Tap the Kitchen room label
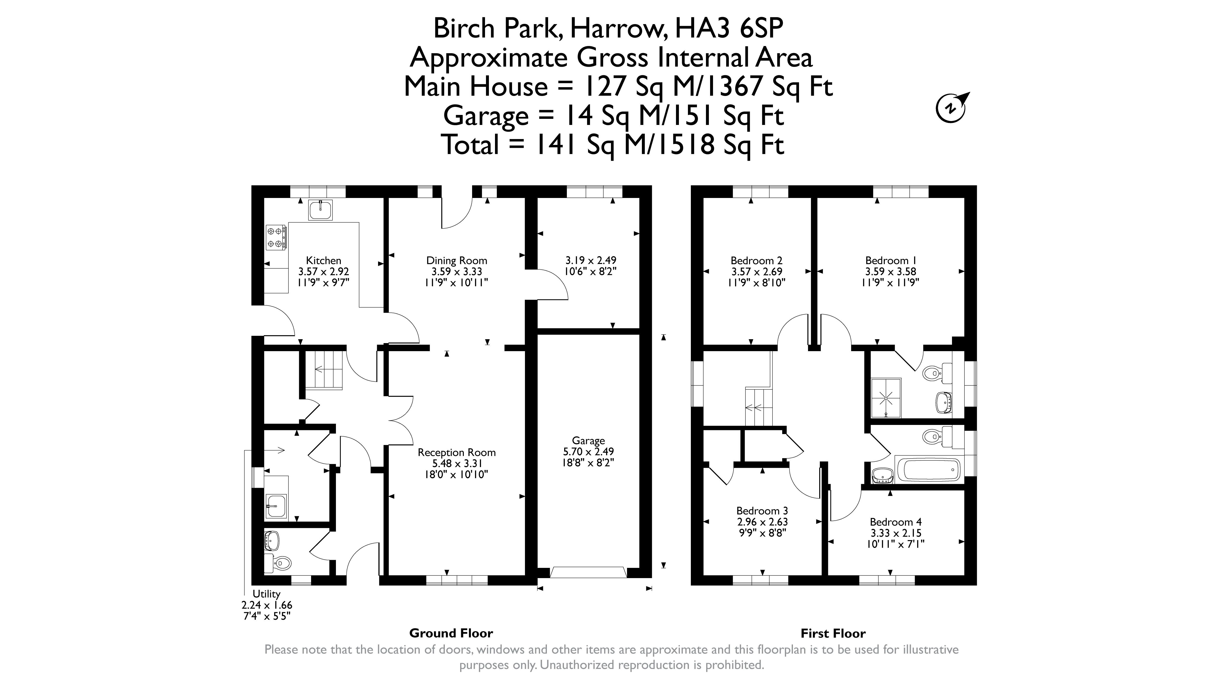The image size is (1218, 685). (324, 261)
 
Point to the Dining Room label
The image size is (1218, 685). (457, 261)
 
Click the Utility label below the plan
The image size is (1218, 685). (266, 594)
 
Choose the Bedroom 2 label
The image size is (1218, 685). (757, 261)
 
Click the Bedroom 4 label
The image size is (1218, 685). (895, 522)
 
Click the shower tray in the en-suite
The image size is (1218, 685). (885, 398)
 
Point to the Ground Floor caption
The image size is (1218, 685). (451, 633)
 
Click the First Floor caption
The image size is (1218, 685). (833, 633)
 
